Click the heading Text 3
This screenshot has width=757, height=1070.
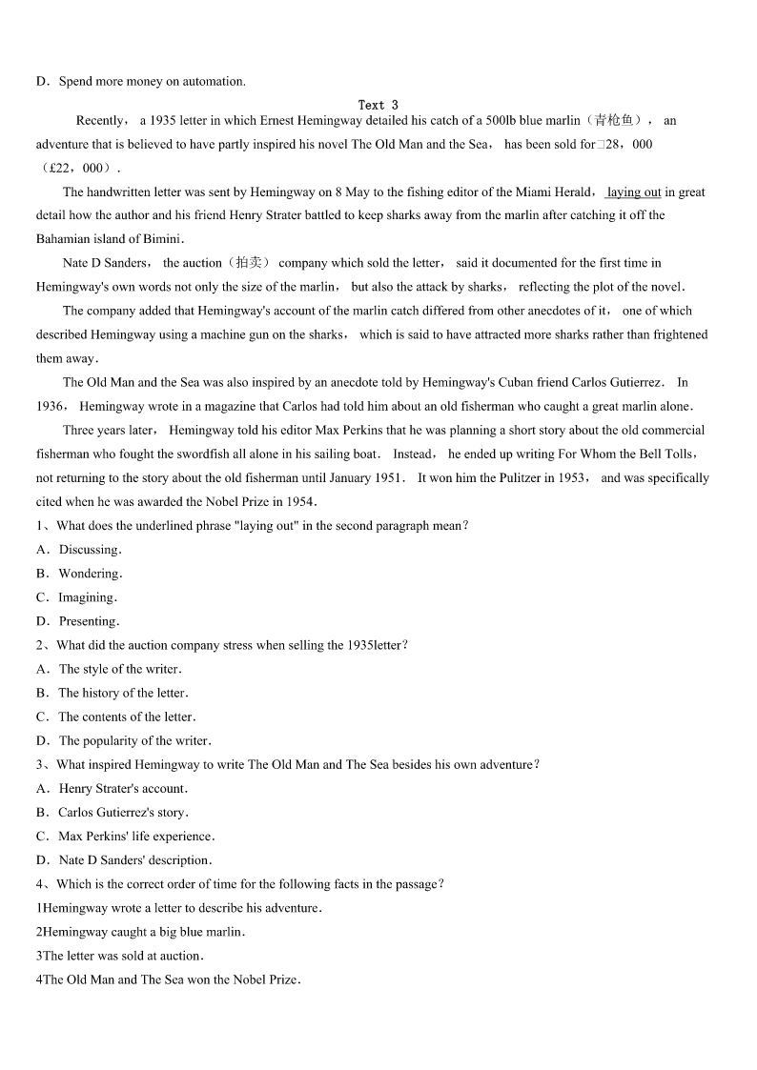378,105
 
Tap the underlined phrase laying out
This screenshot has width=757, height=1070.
634,192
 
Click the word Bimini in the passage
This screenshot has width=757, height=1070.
159,239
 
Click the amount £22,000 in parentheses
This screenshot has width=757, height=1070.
76,168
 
